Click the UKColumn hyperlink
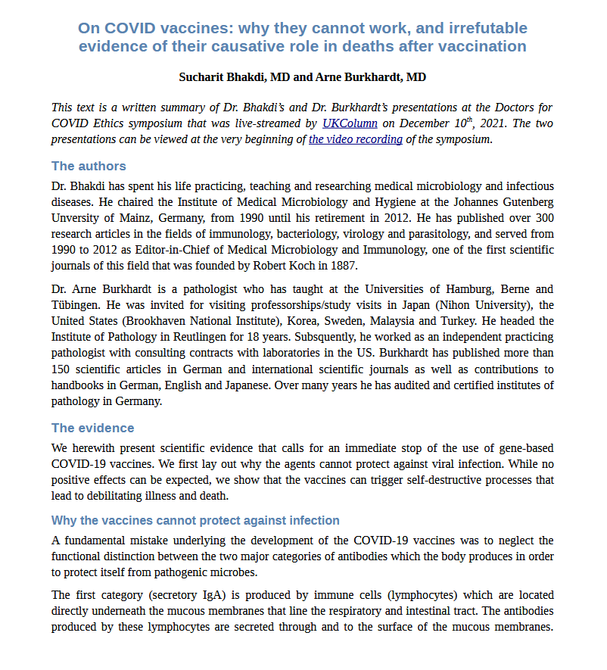point(350,123)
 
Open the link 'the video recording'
point(355,139)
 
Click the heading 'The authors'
point(89,166)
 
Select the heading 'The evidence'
point(92,428)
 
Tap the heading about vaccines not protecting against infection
point(195,520)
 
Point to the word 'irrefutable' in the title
point(485,29)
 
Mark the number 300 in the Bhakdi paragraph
point(544,218)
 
